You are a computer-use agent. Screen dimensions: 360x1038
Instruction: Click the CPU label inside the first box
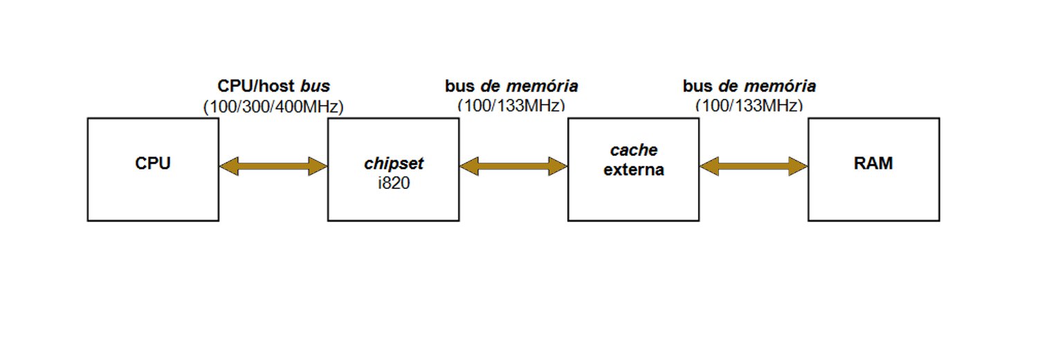point(153,164)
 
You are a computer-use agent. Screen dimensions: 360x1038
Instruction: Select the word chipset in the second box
point(393,164)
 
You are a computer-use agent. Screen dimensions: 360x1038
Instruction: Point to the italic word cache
point(633,150)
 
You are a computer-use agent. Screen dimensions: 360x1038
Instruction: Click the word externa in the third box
point(633,170)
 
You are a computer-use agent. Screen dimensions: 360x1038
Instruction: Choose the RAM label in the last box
point(873,164)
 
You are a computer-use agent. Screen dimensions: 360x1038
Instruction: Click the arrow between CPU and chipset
point(273,166)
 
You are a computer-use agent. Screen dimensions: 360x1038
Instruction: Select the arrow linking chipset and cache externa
point(513,166)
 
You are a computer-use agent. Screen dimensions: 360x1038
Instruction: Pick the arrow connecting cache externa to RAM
point(754,166)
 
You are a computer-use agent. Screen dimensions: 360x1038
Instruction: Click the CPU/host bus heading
point(273,87)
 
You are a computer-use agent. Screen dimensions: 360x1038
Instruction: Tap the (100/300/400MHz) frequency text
point(273,107)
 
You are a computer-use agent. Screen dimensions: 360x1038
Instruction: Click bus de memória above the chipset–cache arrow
point(511,87)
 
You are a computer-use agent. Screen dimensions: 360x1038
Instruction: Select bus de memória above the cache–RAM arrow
point(749,87)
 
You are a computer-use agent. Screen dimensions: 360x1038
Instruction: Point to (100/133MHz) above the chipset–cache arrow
point(511,106)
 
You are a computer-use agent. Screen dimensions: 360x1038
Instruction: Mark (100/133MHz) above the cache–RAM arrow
point(749,106)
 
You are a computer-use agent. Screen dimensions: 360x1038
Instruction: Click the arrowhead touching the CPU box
point(228,166)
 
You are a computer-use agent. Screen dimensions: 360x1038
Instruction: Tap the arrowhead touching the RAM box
point(799,166)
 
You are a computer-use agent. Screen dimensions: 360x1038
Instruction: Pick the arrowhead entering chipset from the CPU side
point(318,166)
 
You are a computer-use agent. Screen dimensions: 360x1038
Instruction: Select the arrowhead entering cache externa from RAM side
point(709,166)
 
